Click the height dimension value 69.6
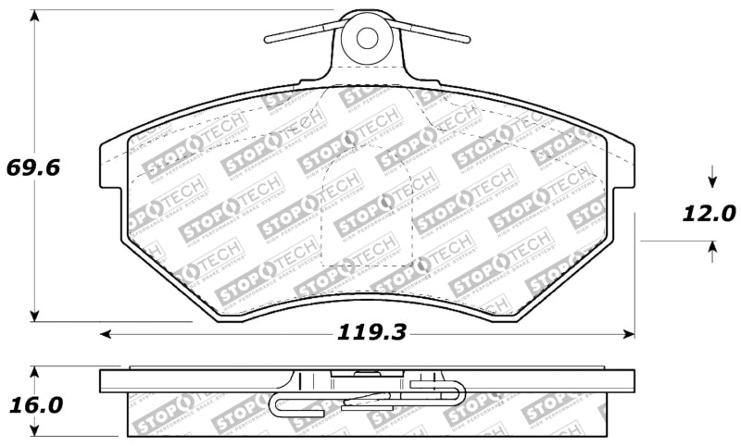32,168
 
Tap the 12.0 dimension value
710,214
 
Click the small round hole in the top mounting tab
367,38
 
